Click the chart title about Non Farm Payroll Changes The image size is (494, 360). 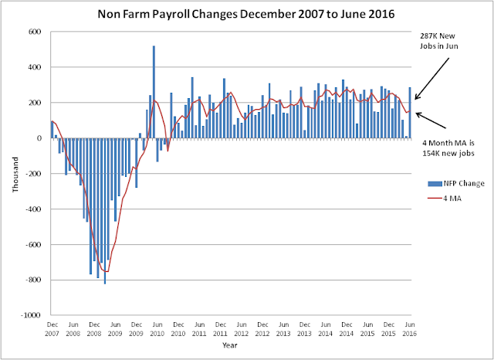point(246,14)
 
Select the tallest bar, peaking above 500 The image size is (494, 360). point(154,92)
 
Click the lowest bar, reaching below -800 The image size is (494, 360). point(105,211)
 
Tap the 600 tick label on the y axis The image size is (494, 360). point(36,32)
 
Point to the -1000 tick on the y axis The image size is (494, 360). point(31,315)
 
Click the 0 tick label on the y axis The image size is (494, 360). point(39,138)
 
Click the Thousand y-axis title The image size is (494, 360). point(15,175)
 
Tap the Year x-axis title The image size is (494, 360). point(230,345)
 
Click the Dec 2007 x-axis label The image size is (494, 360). point(52,329)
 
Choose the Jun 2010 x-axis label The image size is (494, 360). point(157,329)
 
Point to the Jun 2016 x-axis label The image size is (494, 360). point(409,329)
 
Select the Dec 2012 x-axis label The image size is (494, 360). point(262,329)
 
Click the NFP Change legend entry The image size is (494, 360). point(456,183)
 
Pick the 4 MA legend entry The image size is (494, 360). point(445,199)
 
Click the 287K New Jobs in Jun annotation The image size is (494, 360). point(439,41)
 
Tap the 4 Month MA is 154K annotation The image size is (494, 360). point(448,148)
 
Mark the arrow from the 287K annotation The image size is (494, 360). point(431,79)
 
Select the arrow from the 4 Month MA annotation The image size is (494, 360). point(431,120)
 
